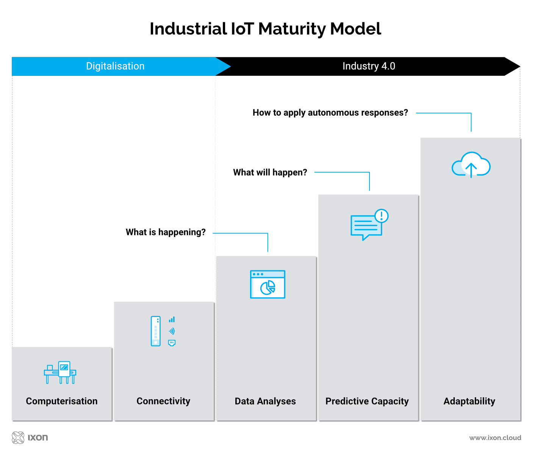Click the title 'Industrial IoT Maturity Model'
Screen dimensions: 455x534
tap(265, 29)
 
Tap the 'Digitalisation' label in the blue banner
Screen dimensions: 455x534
tap(115, 66)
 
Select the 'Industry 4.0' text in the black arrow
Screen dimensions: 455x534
tap(368, 66)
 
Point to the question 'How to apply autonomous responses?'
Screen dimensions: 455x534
tap(330, 113)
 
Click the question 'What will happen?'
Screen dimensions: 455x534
tap(270, 173)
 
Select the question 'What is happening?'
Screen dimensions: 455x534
tap(166, 232)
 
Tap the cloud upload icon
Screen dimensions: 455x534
tap(471, 165)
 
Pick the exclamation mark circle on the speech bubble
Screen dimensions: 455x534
tap(381, 216)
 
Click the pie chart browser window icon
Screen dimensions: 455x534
tap(268, 284)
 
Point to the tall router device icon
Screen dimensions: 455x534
tap(155, 331)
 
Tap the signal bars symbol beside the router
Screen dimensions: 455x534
tap(172, 320)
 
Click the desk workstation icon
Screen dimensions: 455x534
tap(60, 372)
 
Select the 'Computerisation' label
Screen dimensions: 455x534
tap(62, 401)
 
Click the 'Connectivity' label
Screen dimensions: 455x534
tap(163, 401)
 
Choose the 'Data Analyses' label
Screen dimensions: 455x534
tap(265, 401)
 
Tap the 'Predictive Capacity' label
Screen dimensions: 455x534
tap(367, 401)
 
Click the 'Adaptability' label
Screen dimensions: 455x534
tap(469, 401)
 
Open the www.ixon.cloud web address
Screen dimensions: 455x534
tap(495, 438)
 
